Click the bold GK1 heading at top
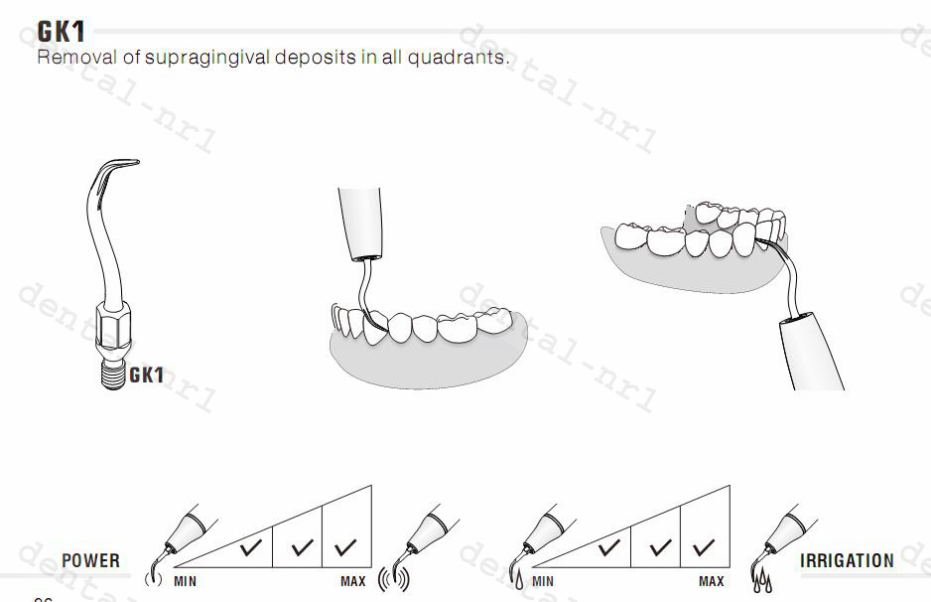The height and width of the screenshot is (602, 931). [60, 30]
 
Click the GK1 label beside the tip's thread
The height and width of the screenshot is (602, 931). [147, 376]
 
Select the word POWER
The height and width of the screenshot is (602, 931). [90, 561]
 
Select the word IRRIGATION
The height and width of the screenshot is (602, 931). [847, 561]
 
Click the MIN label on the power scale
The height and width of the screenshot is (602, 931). [186, 581]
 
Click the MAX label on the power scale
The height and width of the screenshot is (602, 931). [353, 581]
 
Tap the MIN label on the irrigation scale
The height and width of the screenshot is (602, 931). [543, 581]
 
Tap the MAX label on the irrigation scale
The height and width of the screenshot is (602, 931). [712, 581]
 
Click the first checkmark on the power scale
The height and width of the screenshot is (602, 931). [251, 546]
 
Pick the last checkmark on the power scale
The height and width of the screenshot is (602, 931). [346, 546]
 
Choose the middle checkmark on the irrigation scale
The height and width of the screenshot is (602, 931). [658, 546]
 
